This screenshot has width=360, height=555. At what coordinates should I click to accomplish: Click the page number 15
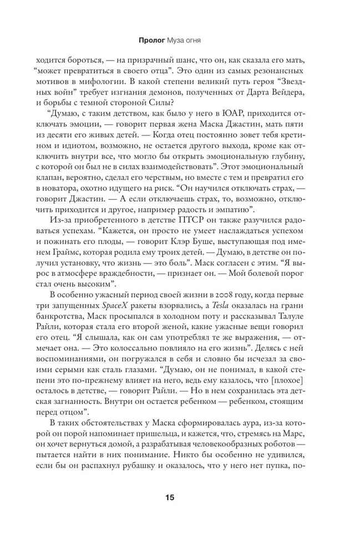tap(169, 497)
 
